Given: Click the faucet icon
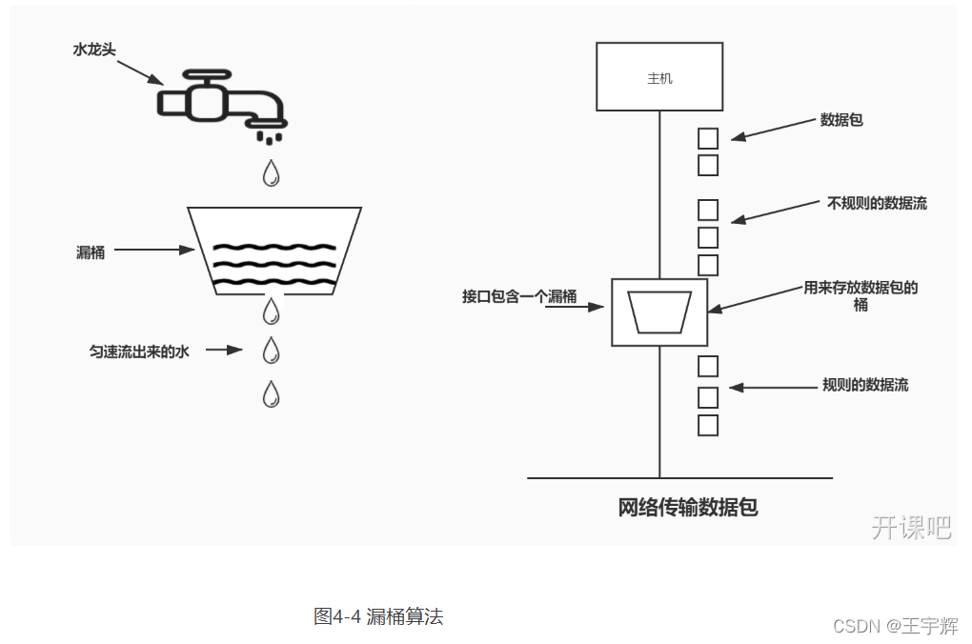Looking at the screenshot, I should tap(221, 99).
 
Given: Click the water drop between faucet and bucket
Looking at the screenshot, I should tap(272, 172).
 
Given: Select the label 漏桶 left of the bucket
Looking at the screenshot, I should tap(91, 252).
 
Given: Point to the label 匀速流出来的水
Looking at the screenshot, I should tap(139, 352).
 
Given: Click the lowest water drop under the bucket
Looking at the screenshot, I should tap(272, 393).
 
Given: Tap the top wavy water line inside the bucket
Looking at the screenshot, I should tap(273, 248).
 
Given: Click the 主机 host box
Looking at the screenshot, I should tap(659, 77).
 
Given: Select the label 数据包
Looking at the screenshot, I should tap(841, 120).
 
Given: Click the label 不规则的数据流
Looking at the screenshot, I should tap(877, 203).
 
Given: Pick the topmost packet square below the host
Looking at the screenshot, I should tap(708, 138).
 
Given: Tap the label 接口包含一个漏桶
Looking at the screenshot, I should tap(519, 296).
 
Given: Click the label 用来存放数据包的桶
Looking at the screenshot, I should tap(861, 295).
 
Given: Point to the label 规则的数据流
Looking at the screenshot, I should tap(865, 385).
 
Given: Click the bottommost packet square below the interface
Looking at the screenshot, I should tap(708, 425).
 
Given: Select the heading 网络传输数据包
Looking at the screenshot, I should tap(688, 507).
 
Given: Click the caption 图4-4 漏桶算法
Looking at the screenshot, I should tap(378, 616).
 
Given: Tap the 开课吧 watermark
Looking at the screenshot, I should tap(911, 527).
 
